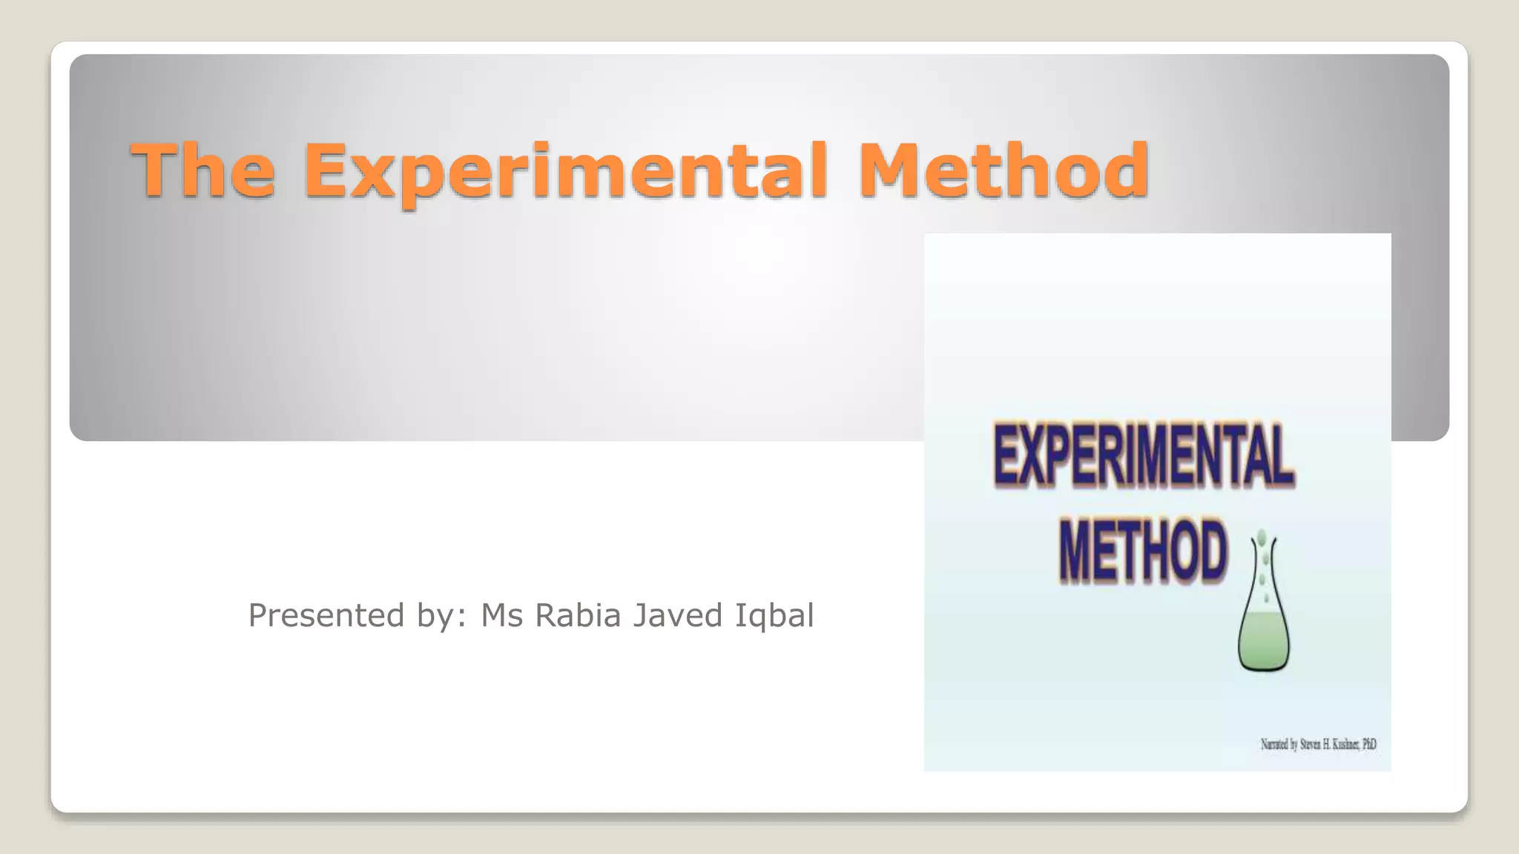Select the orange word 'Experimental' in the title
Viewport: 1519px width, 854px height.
coord(565,172)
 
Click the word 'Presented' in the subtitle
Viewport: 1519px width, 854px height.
coord(326,616)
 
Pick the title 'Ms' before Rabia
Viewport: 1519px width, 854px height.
coord(502,616)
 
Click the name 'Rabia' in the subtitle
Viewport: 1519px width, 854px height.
coord(577,616)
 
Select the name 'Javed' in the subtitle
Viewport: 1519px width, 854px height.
coord(677,616)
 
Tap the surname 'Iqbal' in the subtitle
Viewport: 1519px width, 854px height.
coord(774,616)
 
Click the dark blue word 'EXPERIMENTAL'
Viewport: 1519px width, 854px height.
coord(1144,454)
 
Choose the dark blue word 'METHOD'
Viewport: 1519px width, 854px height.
coord(1143,552)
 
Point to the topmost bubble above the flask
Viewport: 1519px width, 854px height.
coord(1262,536)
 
